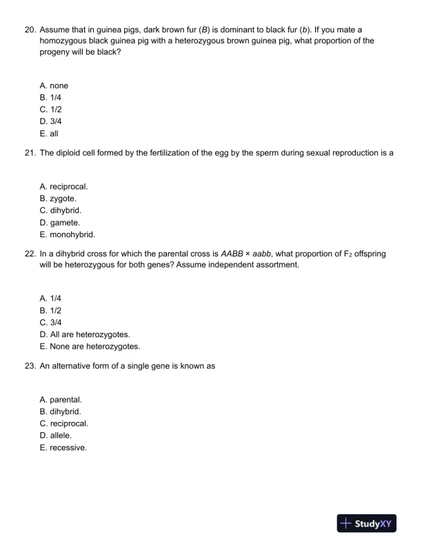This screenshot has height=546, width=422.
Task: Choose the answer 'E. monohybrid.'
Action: click(x=68, y=234)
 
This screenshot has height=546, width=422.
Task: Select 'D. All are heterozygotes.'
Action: click(x=85, y=334)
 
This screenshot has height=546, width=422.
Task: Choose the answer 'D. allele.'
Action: click(x=56, y=436)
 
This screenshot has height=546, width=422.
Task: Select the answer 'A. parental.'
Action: click(x=61, y=400)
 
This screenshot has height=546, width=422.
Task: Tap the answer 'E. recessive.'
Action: click(x=63, y=447)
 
